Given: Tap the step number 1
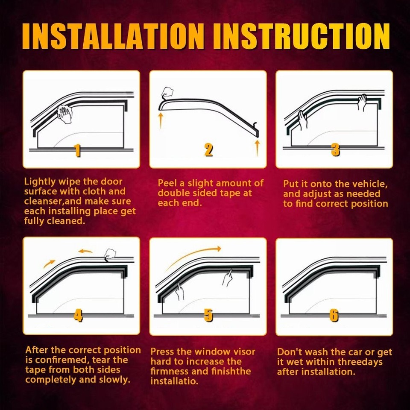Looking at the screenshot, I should (x=77, y=150).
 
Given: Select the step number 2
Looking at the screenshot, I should (x=208, y=150).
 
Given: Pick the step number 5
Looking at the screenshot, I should (x=208, y=316).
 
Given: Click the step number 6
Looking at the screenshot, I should (x=334, y=316).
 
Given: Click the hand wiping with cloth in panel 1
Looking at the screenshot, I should (x=65, y=114).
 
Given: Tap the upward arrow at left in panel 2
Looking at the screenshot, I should (x=161, y=120).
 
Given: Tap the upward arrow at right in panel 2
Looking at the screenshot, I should (x=257, y=147).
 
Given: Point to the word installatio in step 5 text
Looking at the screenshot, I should (x=174, y=381).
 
